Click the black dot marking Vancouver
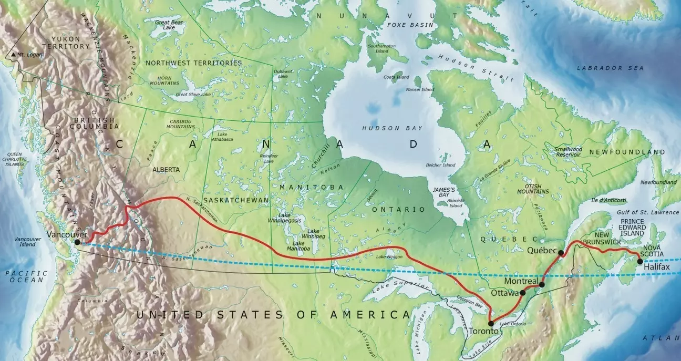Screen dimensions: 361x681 [x=77, y=242]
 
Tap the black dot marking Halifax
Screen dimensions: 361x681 [x=639, y=261]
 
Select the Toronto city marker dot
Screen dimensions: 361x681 [x=491, y=324]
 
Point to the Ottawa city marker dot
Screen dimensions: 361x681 [x=523, y=293]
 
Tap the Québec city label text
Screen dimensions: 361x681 [x=541, y=250]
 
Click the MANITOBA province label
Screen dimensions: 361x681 [x=312, y=187]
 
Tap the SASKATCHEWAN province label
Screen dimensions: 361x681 [x=235, y=200]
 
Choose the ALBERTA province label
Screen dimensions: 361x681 [x=166, y=170]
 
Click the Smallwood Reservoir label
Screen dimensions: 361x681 [x=568, y=152]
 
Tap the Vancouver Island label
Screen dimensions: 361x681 [x=25, y=242]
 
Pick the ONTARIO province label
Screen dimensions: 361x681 [x=398, y=209]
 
